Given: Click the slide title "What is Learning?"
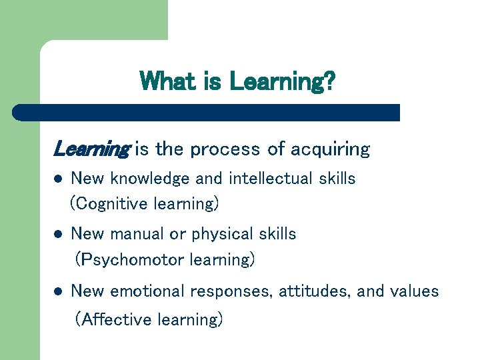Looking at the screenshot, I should (237, 82).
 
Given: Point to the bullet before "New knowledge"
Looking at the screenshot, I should (58, 179).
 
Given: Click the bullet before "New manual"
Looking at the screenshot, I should (58, 235).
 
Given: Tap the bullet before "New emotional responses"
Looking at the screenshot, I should (58, 291).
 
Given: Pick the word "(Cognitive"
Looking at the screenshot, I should (109, 203).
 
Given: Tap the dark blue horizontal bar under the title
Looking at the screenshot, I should (207, 112).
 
